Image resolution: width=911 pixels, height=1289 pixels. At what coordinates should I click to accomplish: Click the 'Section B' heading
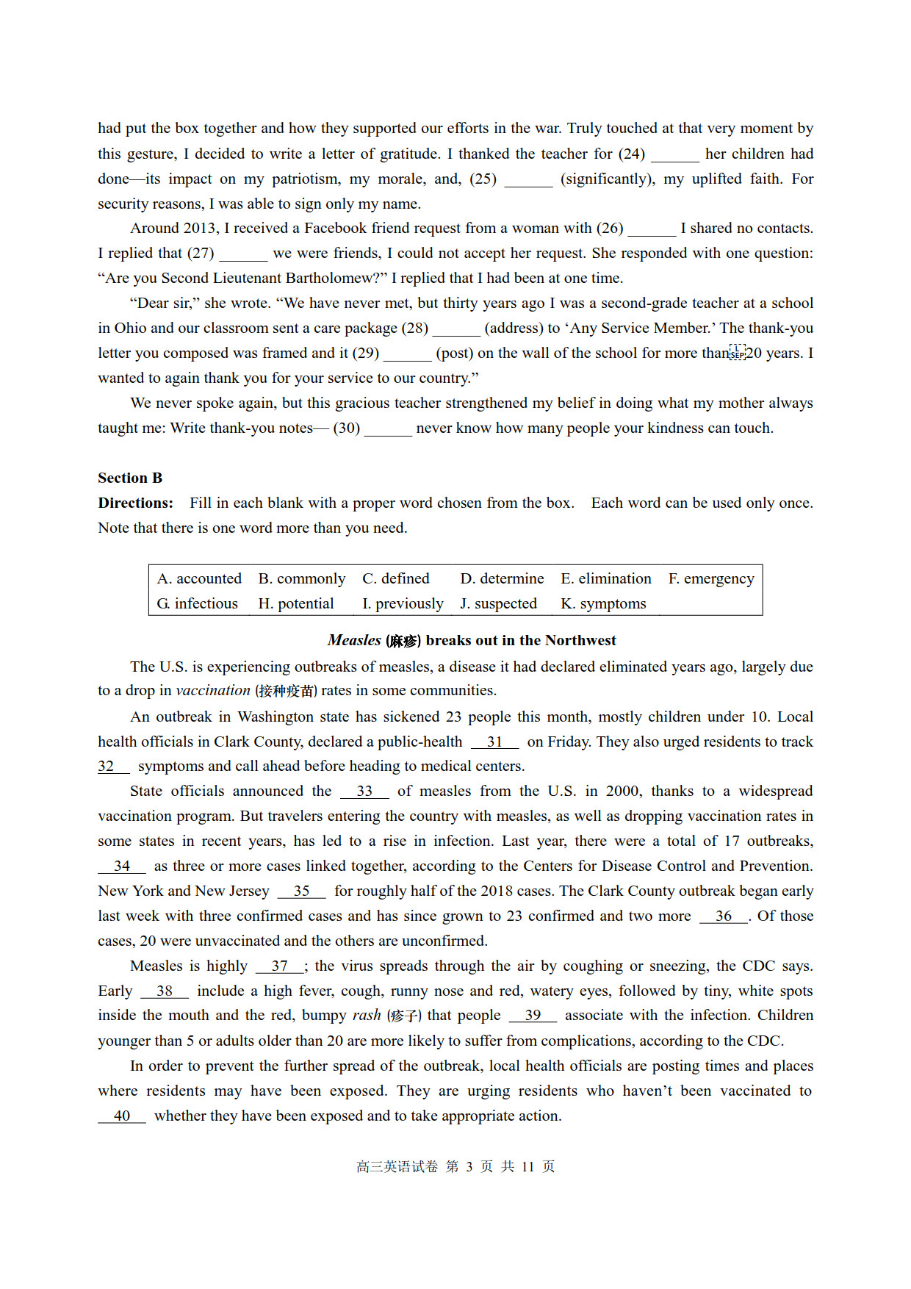[130, 478]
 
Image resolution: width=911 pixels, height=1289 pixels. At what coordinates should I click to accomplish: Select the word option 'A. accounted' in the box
[199, 578]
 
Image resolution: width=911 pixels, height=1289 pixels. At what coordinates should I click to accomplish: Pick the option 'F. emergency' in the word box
[710, 578]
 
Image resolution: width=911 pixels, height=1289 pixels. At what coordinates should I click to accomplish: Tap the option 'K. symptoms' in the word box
[603, 603]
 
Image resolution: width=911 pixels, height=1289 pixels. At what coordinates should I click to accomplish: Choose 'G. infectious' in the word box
[197, 603]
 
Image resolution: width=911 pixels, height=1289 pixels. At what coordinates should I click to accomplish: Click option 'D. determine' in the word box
[502, 578]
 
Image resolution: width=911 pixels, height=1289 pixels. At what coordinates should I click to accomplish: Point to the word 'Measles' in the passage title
[354, 640]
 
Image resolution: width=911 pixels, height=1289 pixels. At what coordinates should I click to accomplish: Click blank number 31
[494, 742]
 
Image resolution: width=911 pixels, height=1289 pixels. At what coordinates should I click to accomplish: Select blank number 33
[364, 791]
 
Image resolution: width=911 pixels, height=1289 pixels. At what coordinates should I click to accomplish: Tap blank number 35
[301, 891]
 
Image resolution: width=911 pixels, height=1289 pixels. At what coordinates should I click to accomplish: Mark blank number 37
[279, 966]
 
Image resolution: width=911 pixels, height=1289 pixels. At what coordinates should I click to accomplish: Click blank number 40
[122, 1116]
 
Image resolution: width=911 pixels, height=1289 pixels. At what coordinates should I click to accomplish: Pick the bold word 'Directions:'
[136, 503]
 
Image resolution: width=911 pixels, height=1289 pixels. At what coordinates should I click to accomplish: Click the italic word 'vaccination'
[213, 690]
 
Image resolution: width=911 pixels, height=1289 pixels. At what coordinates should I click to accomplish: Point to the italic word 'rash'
[366, 1015]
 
